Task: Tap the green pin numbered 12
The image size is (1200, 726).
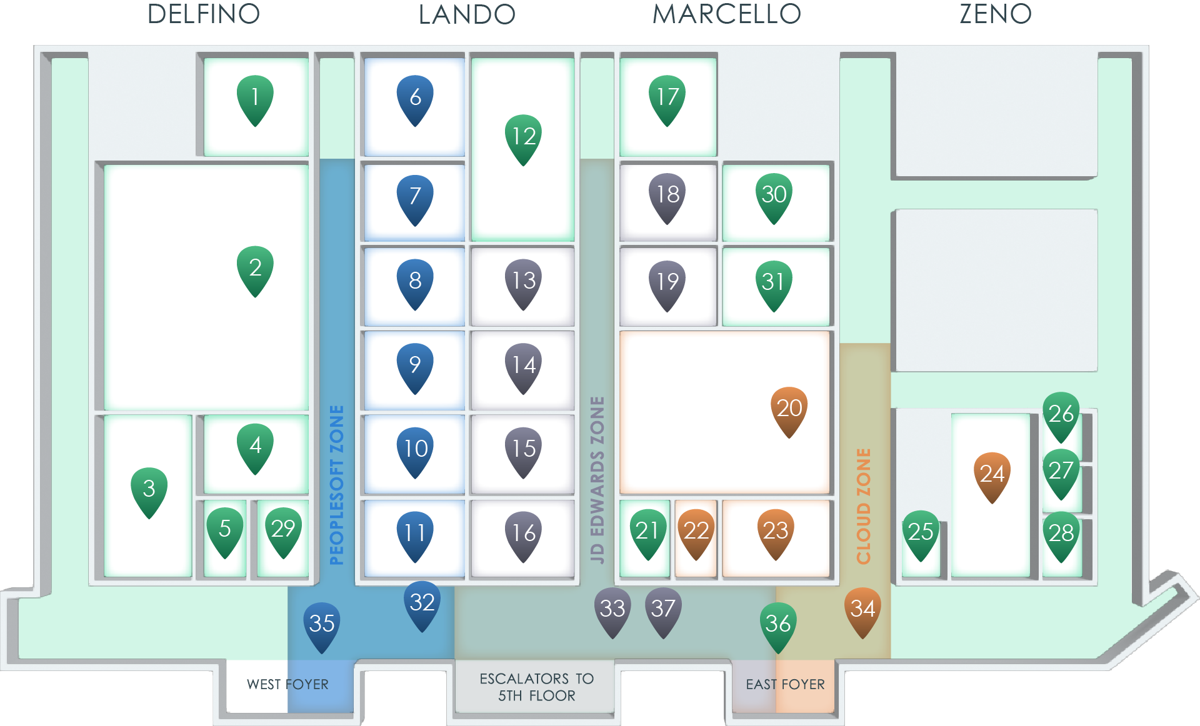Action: tap(523, 137)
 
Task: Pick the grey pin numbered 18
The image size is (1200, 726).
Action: tap(667, 195)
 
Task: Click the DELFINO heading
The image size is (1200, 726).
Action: tap(204, 14)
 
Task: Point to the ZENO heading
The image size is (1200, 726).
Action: tap(995, 14)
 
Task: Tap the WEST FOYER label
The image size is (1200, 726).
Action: tap(287, 685)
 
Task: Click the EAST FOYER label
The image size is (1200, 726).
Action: tap(785, 685)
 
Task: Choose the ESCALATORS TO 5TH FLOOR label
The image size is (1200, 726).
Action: tap(536, 687)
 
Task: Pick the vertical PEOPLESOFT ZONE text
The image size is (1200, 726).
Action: tap(337, 485)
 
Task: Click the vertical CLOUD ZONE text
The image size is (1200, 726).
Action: tap(863, 506)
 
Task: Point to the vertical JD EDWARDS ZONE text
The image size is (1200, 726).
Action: tap(597, 480)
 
